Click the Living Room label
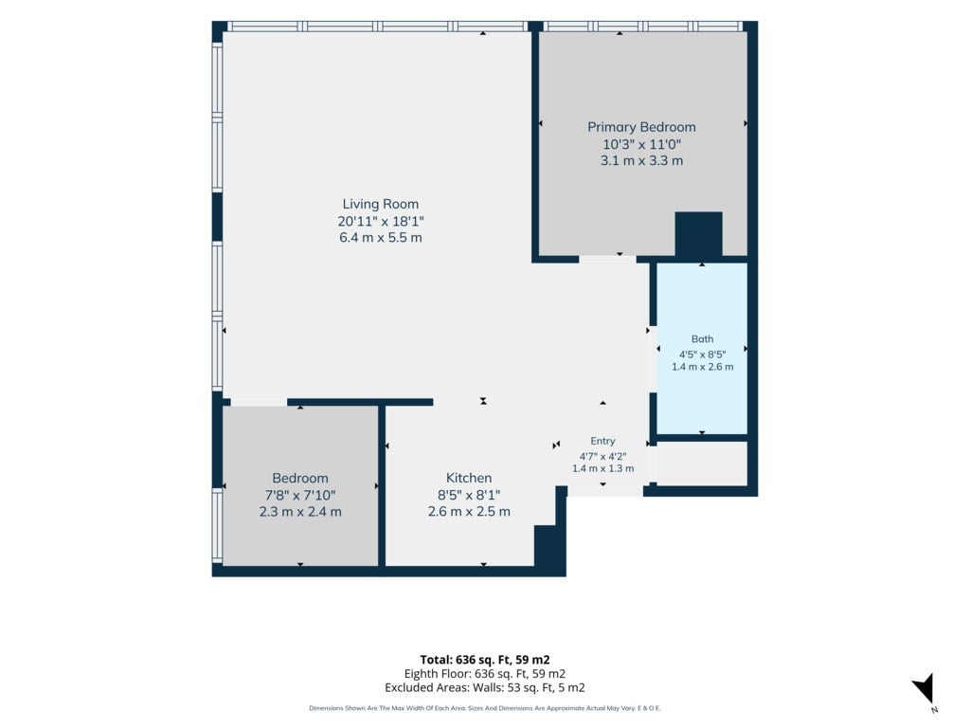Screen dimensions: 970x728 [381, 204]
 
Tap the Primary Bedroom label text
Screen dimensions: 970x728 [641, 127]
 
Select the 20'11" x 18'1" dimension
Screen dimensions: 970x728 [381, 221]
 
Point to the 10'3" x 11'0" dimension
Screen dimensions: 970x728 [641, 144]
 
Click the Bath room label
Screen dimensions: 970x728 [702, 339]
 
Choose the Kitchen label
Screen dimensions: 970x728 [469, 478]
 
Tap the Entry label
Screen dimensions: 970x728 [602, 441]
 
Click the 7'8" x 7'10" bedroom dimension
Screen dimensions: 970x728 [300, 495]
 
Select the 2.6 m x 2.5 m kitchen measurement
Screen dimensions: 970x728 [469, 512]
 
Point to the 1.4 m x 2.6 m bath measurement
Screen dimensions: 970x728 [702, 367]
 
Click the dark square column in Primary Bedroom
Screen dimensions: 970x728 [698, 234]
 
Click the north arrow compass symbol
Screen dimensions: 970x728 [925, 688]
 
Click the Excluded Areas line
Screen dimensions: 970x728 [484, 688]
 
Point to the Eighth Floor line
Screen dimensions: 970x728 [484, 674]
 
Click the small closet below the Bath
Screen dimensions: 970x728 [702, 464]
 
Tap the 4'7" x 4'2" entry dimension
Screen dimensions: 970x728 [602, 457]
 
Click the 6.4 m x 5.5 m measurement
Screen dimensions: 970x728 [381, 238]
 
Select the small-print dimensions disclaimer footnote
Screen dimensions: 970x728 [484, 708]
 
